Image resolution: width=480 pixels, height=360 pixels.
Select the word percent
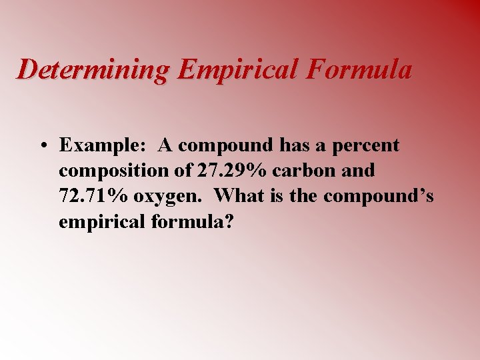point(367,146)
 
